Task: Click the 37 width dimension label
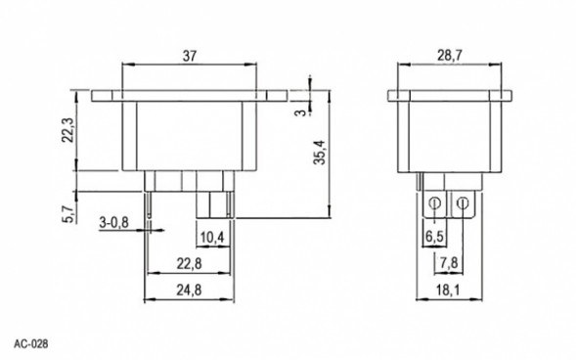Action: coord(190,56)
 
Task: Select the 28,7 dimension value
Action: coord(450,56)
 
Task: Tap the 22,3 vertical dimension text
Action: coord(68,130)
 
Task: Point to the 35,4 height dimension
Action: coord(320,152)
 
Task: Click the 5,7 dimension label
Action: coord(68,214)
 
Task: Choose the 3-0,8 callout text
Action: coord(113,222)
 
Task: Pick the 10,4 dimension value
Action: coord(212,238)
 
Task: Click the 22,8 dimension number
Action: coord(189,263)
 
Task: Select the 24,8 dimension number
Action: coord(189,291)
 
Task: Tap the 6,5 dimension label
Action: coord(434,237)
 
